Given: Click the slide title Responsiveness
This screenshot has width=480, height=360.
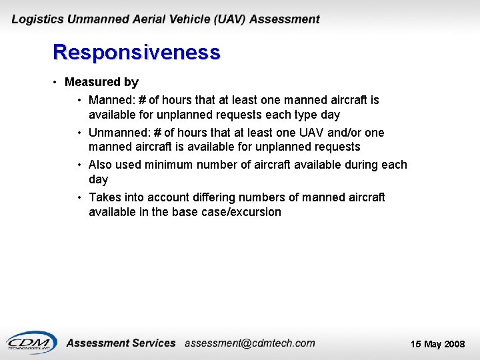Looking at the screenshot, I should point(136,52).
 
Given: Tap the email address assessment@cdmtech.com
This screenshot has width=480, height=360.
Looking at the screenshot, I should point(249,343).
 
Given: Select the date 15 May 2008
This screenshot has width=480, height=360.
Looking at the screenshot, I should point(437,344).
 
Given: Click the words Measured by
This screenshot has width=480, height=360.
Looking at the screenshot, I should point(101,82).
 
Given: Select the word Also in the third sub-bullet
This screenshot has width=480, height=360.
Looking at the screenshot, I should point(101,165).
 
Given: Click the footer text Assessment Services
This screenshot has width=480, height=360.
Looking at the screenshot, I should point(121,343).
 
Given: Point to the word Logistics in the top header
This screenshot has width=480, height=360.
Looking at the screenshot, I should point(37,19).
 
